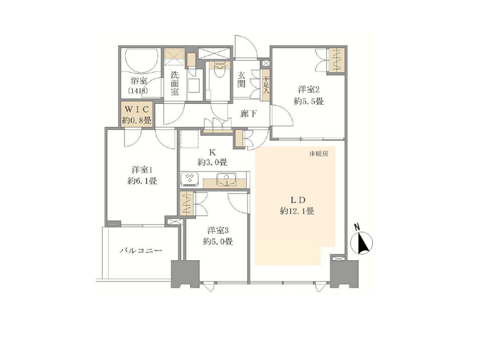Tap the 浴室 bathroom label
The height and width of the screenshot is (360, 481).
(x=139, y=81)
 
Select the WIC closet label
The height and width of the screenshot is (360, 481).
(x=136, y=109)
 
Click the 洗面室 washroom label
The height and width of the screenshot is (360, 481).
(x=175, y=83)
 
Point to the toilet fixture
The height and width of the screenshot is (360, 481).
(x=220, y=70)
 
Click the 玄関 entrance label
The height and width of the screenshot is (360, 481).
(x=242, y=80)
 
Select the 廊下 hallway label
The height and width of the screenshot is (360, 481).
(x=248, y=114)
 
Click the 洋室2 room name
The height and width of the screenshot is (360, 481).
(x=309, y=89)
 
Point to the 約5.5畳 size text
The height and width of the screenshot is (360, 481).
(x=309, y=101)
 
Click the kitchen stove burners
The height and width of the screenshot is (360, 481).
(x=190, y=179)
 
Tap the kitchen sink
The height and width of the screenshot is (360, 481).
(x=226, y=179)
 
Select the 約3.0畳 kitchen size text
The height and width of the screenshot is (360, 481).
(x=212, y=162)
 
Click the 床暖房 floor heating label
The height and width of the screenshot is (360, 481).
(x=318, y=154)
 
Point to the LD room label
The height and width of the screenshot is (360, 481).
(x=297, y=200)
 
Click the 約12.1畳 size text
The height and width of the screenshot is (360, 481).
(x=297, y=211)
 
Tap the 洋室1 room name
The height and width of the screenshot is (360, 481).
(x=142, y=169)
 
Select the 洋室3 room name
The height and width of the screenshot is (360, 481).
(x=218, y=230)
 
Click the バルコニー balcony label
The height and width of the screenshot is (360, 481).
(x=140, y=251)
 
